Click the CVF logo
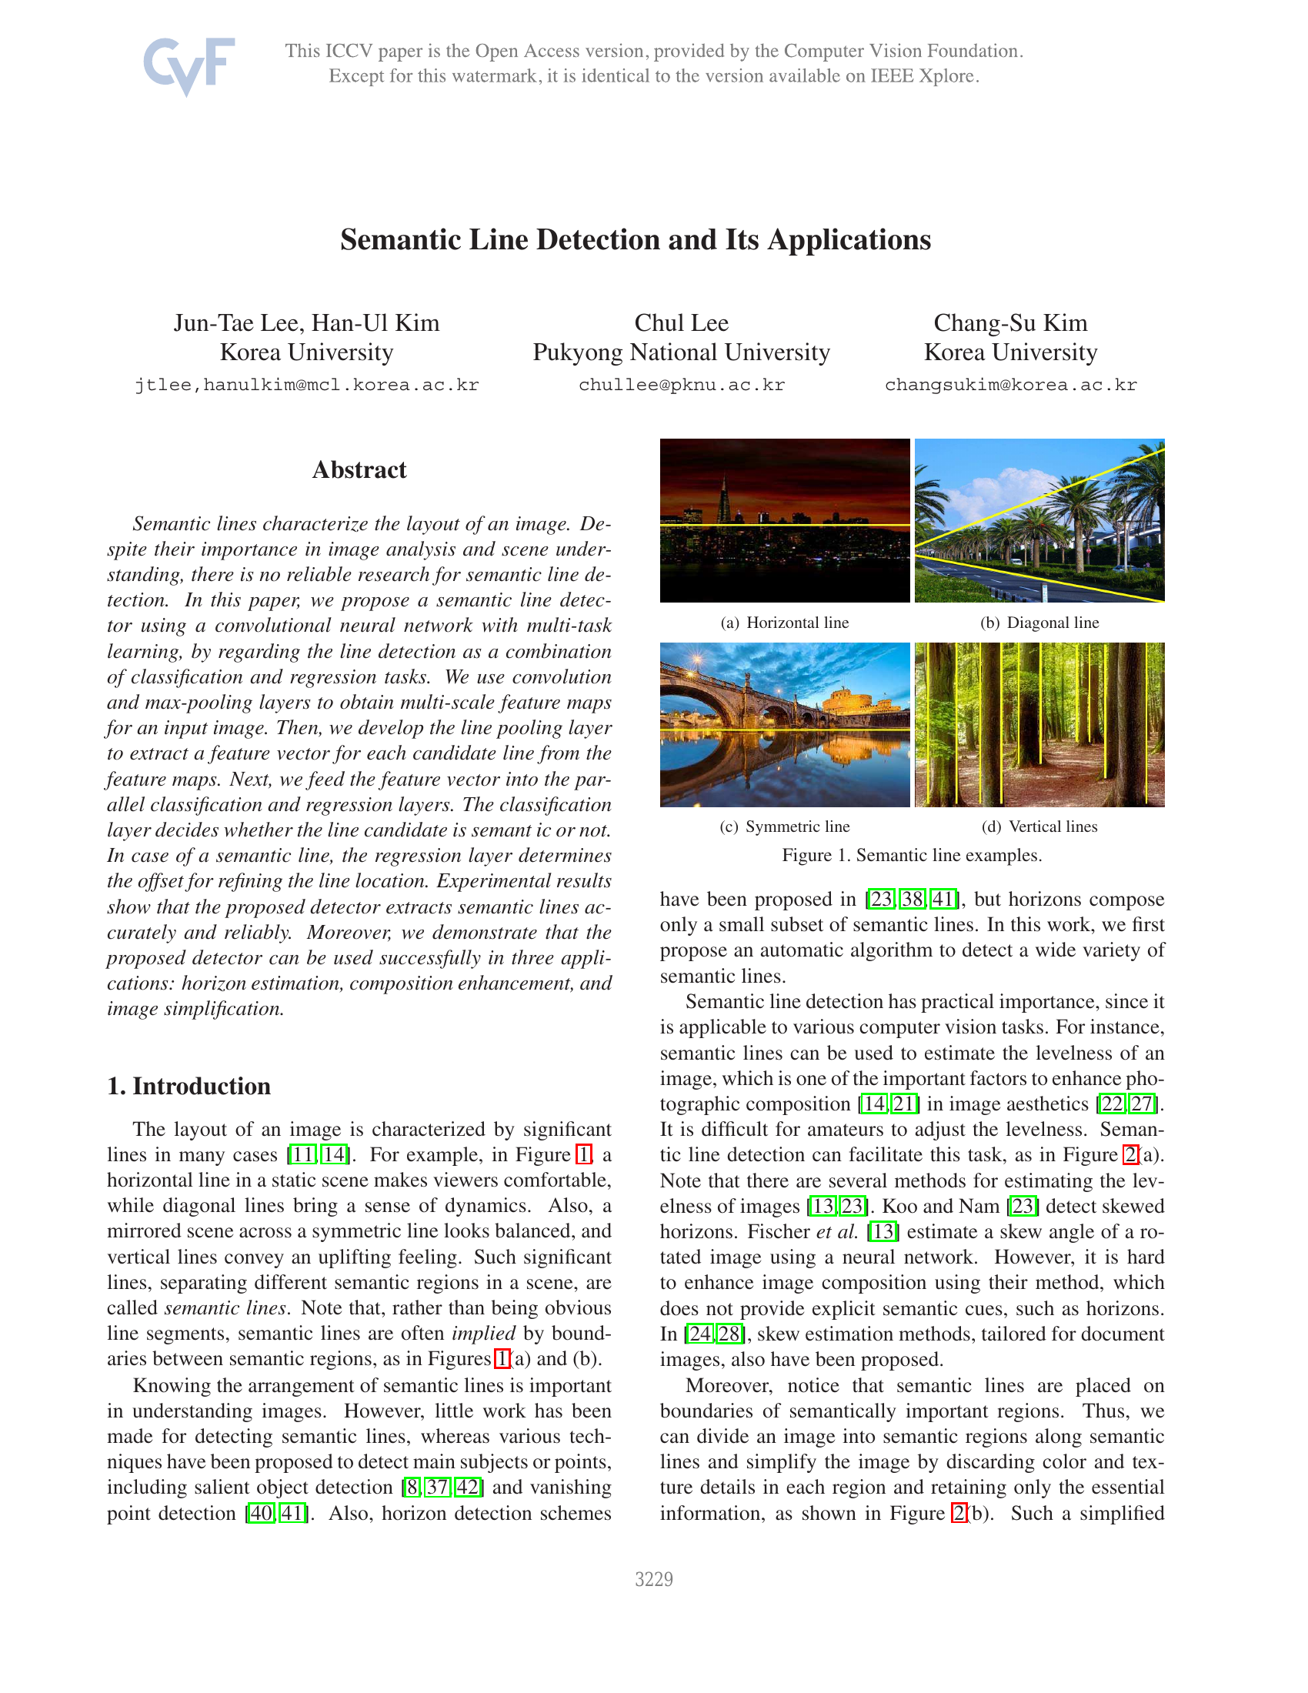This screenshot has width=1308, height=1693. [x=189, y=65]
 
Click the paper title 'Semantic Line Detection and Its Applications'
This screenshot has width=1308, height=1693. [x=636, y=239]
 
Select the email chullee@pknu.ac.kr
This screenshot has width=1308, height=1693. [x=681, y=386]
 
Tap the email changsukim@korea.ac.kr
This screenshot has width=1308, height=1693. [x=1010, y=386]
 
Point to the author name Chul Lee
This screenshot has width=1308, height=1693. [x=681, y=322]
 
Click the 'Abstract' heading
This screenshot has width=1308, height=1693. [x=359, y=469]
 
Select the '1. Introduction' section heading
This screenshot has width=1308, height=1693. [x=189, y=1086]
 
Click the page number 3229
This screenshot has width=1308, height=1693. [x=653, y=1579]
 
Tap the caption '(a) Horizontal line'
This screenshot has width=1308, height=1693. [x=784, y=623]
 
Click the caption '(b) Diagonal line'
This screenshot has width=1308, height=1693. [x=1039, y=623]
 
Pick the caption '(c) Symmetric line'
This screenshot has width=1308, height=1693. [x=784, y=826]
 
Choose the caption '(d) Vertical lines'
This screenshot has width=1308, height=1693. [x=1039, y=826]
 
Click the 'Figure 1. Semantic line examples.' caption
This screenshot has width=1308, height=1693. [x=911, y=855]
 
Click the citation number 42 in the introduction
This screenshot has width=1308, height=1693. [x=468, y=1487]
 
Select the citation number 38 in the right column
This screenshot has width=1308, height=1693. [x=912, y=899]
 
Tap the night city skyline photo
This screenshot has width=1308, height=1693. [x=784, y=520]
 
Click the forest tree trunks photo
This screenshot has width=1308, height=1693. [x=1039, y=724]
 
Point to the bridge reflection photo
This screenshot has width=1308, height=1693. [x=784, y=724]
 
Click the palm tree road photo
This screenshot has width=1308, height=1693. [x=1039, y=520]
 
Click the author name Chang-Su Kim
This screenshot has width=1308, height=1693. [x=1010, y=322]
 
